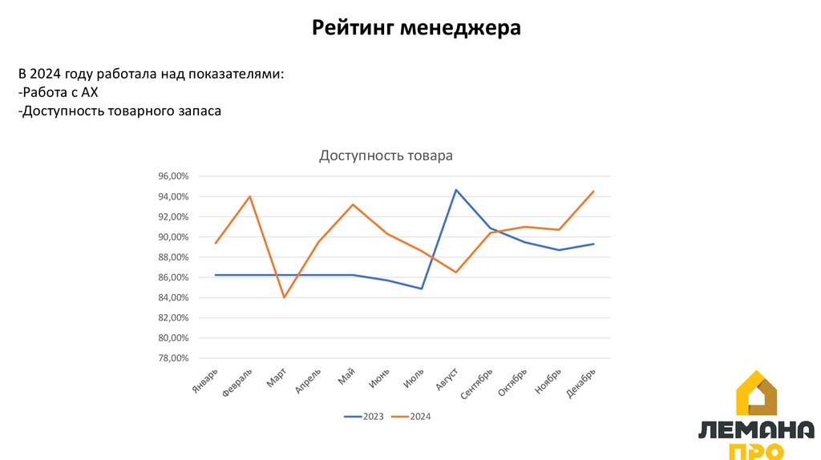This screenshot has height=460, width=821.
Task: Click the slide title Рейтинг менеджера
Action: [416, 29]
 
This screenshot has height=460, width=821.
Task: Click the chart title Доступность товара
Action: [386, 155]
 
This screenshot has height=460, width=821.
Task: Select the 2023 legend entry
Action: [365, 417]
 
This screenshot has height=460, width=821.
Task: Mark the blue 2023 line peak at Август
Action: [456, 190]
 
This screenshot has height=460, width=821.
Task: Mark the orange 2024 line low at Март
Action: [284, 297]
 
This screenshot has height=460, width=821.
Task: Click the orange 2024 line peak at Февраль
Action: [250, 196]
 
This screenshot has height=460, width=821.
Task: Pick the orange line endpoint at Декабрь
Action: [593, 192]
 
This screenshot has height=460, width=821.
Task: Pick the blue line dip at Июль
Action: [422, 289]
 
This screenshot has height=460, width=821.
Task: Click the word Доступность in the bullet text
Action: [61, 111]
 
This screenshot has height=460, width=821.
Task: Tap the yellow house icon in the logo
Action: [756, 393]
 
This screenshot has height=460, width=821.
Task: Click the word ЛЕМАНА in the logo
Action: [756, 430]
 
